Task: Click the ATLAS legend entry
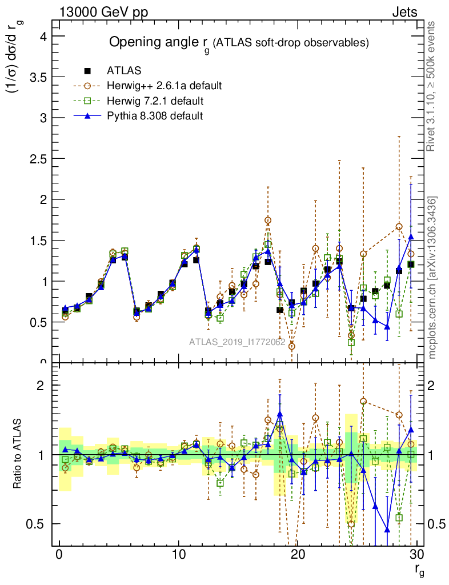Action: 124,71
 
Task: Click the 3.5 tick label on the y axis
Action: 37,77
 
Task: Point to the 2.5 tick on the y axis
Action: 37,159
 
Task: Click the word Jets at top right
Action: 404,12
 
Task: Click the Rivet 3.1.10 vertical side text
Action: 432,86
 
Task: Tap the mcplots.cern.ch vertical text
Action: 432,277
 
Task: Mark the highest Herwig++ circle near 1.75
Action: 268,221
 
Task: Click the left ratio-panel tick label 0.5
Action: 39,524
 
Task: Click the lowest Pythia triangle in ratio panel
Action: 387,530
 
